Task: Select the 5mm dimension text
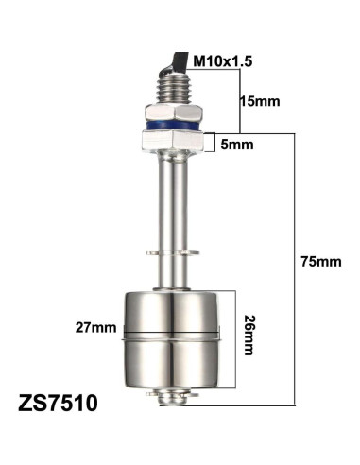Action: [236, 146]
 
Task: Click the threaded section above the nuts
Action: [173, 89]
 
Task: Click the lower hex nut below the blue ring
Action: [173, 143]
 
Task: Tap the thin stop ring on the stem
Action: [173, 252]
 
